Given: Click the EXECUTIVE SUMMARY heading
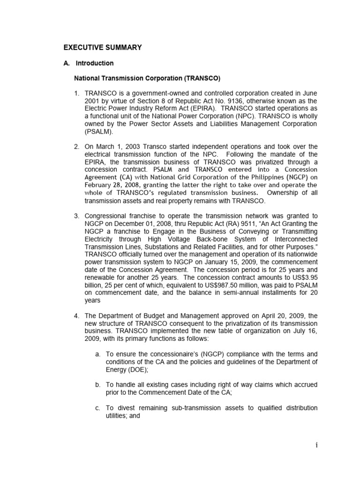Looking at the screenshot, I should point(102,47).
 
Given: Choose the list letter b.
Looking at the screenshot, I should point(97,385).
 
